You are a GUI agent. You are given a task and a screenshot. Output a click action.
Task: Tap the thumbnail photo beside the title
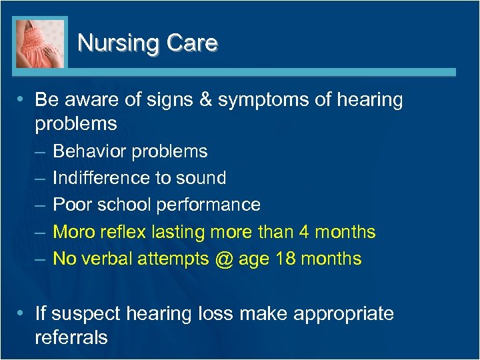[x=40, y=43]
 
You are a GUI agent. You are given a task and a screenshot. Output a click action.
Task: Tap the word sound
[x=203, y=178]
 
